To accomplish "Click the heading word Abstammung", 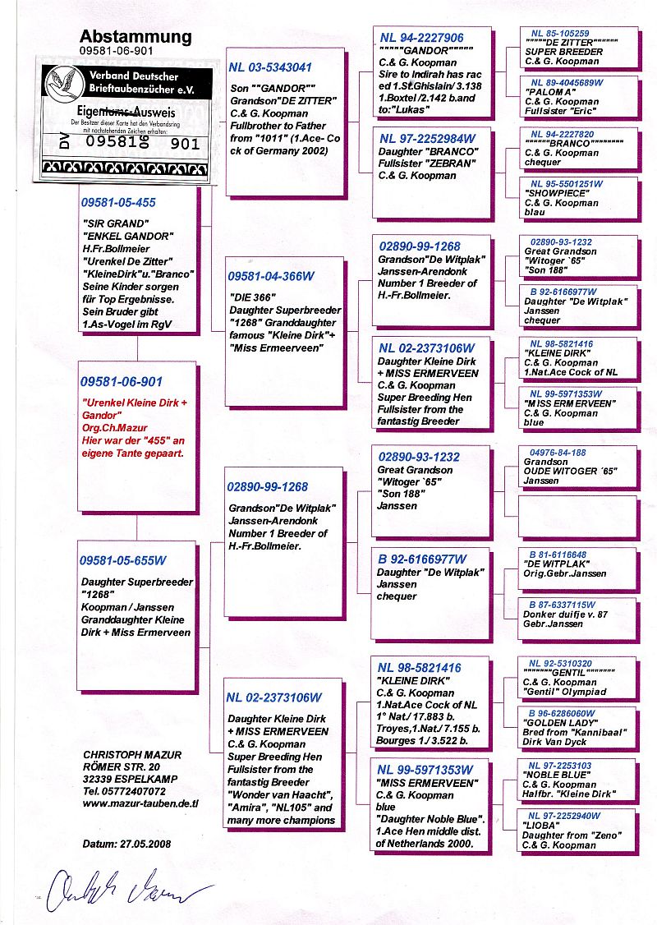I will click(136, 36).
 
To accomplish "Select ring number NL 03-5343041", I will click(270, 67).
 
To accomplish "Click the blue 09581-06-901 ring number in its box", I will click(122, 382).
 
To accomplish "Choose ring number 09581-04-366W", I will click(270, 277).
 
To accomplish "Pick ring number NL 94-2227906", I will click(421, 38).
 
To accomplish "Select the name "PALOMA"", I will click(548, 93).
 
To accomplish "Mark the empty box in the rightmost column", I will click(578, 513).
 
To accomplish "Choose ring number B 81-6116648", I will click(558, 555).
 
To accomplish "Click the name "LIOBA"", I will click(543, 826).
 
